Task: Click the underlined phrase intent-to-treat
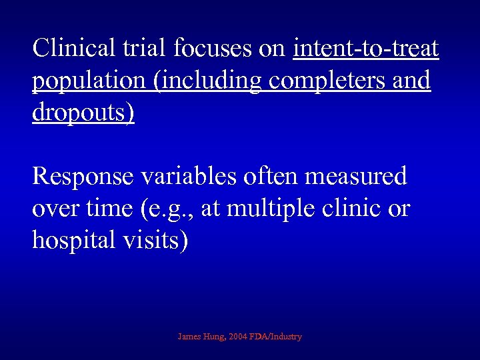tap(366, 48)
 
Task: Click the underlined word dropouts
tap(83, 113)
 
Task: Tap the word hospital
tap(73, 241)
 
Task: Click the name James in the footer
tap(191, 337)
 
